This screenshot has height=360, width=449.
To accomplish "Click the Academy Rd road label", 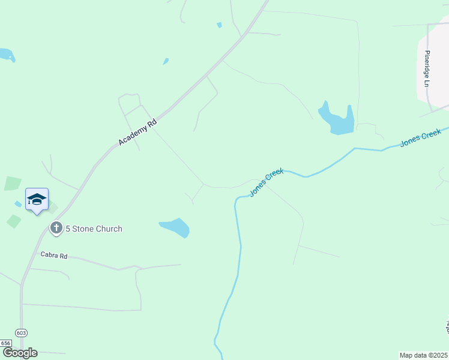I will (137, 132).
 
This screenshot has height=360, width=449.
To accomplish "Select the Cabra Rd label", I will (54, 255).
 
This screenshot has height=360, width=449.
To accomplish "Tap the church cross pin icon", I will (56, 228).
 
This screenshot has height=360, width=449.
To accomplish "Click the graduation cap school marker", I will (37, 199).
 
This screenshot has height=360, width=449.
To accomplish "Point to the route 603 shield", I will (22, 333).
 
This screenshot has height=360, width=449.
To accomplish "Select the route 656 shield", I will (6, 343).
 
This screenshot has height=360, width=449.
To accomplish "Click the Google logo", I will (20, 353).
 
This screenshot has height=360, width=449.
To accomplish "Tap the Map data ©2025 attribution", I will (424, 355).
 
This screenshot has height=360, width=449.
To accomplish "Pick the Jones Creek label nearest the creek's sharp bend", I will (267, 182).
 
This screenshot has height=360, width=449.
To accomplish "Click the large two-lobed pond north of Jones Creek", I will (337, 119).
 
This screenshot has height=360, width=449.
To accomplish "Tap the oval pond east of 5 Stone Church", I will (175, 227).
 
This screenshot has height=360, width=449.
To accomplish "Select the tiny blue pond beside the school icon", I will (18, 204).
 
